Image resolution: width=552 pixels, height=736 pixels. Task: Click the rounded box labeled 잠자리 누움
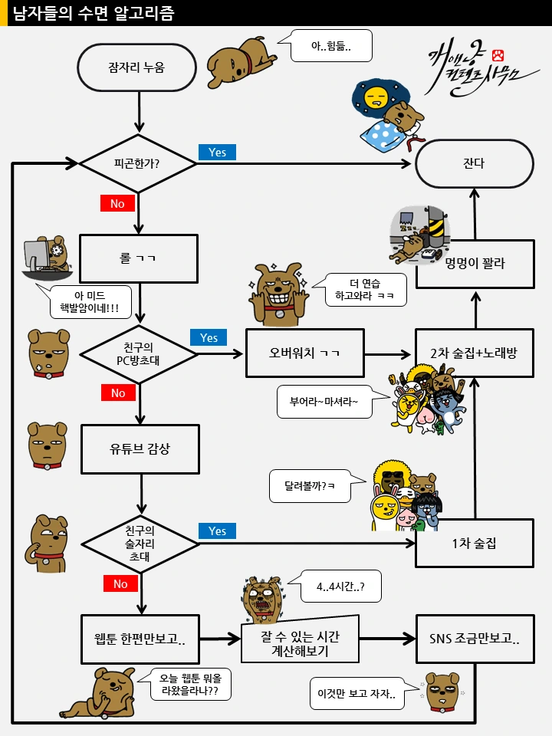[137, 67]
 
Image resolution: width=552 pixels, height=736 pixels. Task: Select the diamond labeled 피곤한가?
[137, 163]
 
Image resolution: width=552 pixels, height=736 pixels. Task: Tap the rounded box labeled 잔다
[474, 163]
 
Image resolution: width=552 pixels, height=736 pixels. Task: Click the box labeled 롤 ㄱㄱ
[139, 259]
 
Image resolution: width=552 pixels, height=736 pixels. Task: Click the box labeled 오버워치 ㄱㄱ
[304, 353]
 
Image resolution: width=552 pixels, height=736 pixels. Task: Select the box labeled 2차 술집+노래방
[474, 353]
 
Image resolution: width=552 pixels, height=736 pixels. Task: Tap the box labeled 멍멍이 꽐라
[474, 264]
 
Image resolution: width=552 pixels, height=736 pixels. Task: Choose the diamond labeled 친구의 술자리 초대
[139, 543]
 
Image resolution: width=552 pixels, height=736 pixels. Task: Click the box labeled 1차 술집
[474, 543]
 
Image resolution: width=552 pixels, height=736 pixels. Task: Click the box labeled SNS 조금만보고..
[474, 639]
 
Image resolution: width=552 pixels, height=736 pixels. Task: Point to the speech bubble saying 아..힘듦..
[331, 46]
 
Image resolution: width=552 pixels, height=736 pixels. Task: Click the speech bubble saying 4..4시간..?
[340, 586]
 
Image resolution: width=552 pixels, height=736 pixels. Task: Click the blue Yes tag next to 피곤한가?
[217, 152]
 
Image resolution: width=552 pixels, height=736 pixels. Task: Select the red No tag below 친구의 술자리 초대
[120, 584]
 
